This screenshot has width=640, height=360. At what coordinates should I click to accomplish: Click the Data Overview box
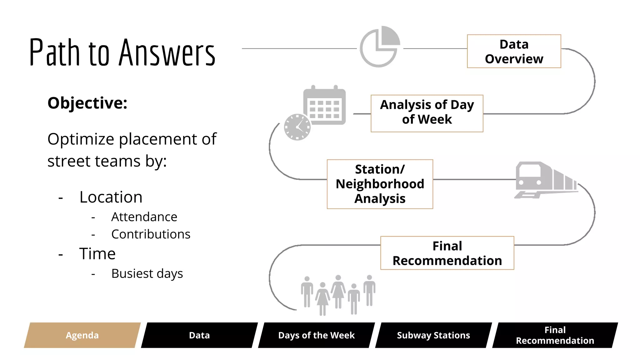(514, 51)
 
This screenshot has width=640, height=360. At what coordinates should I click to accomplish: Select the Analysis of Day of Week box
(427, 113)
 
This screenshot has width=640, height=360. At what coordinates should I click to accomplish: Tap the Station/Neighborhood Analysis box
(380, 184)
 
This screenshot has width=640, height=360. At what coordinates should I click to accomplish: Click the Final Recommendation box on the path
(447, 253)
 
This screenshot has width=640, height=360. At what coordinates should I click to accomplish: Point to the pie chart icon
(379, 47)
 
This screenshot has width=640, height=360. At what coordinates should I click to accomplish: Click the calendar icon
(325, 106)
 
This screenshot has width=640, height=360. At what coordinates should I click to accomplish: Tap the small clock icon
(297, 127)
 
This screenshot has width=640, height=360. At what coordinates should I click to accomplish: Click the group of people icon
(338, 294)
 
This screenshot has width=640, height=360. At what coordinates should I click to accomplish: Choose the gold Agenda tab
(82, 335)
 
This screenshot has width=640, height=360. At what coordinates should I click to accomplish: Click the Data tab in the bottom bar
(199, 335)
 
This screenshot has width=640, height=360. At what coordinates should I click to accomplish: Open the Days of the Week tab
(316, 335)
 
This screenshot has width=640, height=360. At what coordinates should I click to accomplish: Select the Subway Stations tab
(433, 335)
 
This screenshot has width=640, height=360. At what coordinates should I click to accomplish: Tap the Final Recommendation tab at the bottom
(555, 335)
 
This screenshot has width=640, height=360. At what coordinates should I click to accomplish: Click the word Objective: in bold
(87, 103)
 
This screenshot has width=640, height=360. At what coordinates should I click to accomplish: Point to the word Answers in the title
(167, 52)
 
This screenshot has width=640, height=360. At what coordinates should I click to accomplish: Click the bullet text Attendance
(144, 217)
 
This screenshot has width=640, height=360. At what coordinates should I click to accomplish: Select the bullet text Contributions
(151, 234)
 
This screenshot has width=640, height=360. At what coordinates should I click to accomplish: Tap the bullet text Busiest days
(147, 274)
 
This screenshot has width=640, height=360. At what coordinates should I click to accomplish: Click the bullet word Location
(111, 197)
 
